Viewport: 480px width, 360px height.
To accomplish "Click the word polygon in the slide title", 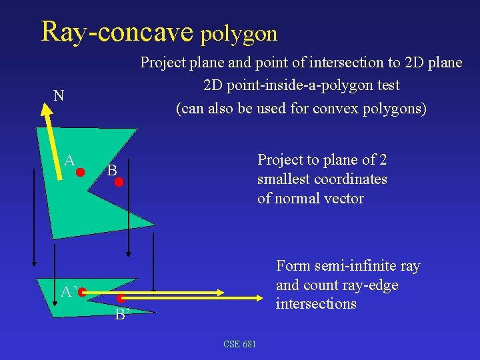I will click(x=238, y=33).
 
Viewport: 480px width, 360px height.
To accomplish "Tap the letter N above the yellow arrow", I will click(x=59, y=96).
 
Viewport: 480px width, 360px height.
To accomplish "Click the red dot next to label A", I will click(x=80, y=172).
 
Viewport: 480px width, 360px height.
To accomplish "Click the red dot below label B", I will click(x=119, y=181).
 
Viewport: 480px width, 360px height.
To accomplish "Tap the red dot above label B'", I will click(x=122, y=299).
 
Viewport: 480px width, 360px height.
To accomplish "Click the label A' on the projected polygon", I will click(x=69, y=292).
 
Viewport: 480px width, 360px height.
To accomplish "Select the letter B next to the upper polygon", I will click(x=112, y=171).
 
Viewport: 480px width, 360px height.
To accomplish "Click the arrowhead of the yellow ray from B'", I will click(x=263, y=299).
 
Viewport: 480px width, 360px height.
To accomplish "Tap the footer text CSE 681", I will click(x=239, y=344).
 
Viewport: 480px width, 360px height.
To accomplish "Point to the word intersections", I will click(x=316, y=304).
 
